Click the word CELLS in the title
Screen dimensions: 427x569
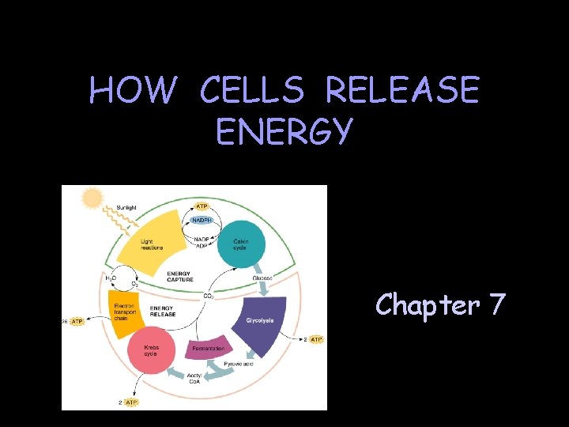(251, 92)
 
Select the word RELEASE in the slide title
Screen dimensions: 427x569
(402, 92)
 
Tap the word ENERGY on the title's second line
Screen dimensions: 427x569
(284, 131)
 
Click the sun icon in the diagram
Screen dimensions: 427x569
(93, 198)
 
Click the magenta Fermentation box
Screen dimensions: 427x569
(209, 348)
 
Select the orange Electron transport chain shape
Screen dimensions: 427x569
(126, 312)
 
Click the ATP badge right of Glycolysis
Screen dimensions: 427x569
(315, 339)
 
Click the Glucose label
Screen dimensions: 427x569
(262, 278)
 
